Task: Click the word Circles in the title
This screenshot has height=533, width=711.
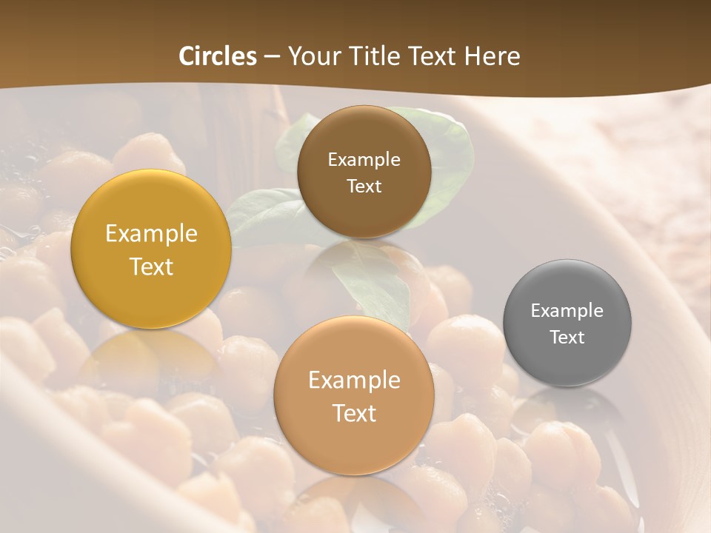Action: tap(217, 56)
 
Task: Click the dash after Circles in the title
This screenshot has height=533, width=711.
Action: tap(271, 57)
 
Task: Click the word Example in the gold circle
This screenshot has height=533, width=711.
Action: tap(151, 234)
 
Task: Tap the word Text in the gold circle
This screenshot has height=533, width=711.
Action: tap(151, 266)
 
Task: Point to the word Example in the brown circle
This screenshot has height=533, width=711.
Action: tap(364, 160)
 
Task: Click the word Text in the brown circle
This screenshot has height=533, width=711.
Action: tap(364, 186)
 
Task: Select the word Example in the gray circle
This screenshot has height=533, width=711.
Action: tap(567, 311)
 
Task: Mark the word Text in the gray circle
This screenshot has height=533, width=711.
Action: tap(567, 338)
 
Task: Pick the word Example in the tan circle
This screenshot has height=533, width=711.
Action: tap(354, 381)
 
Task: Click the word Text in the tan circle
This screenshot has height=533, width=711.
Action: tap(354, 413)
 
